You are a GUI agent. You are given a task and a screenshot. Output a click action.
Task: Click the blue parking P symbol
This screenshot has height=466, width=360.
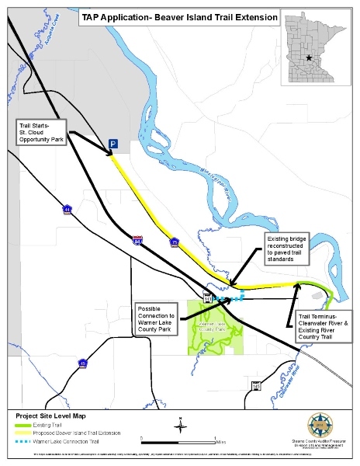click(113, 144)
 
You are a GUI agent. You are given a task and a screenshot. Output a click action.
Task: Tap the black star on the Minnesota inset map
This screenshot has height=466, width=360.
click(309, 58)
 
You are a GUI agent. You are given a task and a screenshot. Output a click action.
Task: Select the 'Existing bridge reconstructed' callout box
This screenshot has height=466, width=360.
click(289, 245)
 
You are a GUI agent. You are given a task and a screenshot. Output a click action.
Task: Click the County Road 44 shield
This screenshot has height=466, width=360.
click(67, 210)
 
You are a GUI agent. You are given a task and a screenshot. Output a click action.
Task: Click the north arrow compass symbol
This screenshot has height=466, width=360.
click(179, 424)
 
